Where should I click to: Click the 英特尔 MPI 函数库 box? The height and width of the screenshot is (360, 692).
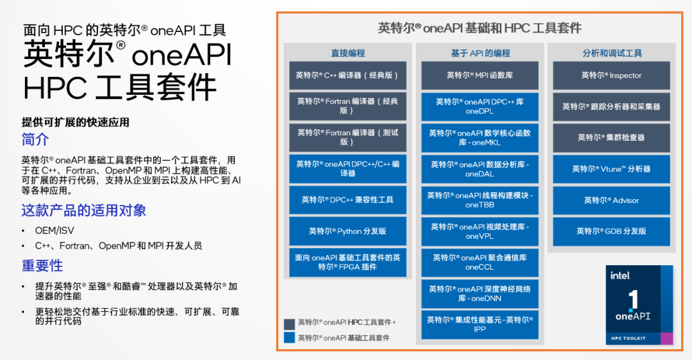point(480,76)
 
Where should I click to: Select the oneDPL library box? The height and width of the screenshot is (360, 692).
point(480,106)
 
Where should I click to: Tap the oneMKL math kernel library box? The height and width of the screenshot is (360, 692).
point(480,138)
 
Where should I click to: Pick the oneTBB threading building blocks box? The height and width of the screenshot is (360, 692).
point(480,200)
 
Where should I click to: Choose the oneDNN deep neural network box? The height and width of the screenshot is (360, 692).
point(480,293)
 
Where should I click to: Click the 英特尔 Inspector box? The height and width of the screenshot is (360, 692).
point(611,76)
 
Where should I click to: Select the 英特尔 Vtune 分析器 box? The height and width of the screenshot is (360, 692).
point(611,169)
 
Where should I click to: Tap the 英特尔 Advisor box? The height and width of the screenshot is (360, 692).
point(611,200)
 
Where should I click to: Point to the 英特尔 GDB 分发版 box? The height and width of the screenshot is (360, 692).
point(611,231)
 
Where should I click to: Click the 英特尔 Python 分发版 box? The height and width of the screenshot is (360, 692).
point(348,231)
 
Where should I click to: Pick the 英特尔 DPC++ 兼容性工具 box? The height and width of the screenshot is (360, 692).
point(348,200)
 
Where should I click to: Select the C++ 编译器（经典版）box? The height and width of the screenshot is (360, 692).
point(348,76)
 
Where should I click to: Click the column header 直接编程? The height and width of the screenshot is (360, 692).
point(348,53)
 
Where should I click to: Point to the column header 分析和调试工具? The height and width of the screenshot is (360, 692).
point(612,53)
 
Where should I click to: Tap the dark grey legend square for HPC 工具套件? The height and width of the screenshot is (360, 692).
point(289,323)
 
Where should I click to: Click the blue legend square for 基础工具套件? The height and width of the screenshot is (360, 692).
point(289,337)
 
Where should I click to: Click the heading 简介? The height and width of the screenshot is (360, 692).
point(35,140)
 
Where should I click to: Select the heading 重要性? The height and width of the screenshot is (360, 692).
point(42,265)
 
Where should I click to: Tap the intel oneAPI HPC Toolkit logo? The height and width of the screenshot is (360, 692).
point(639,306)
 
